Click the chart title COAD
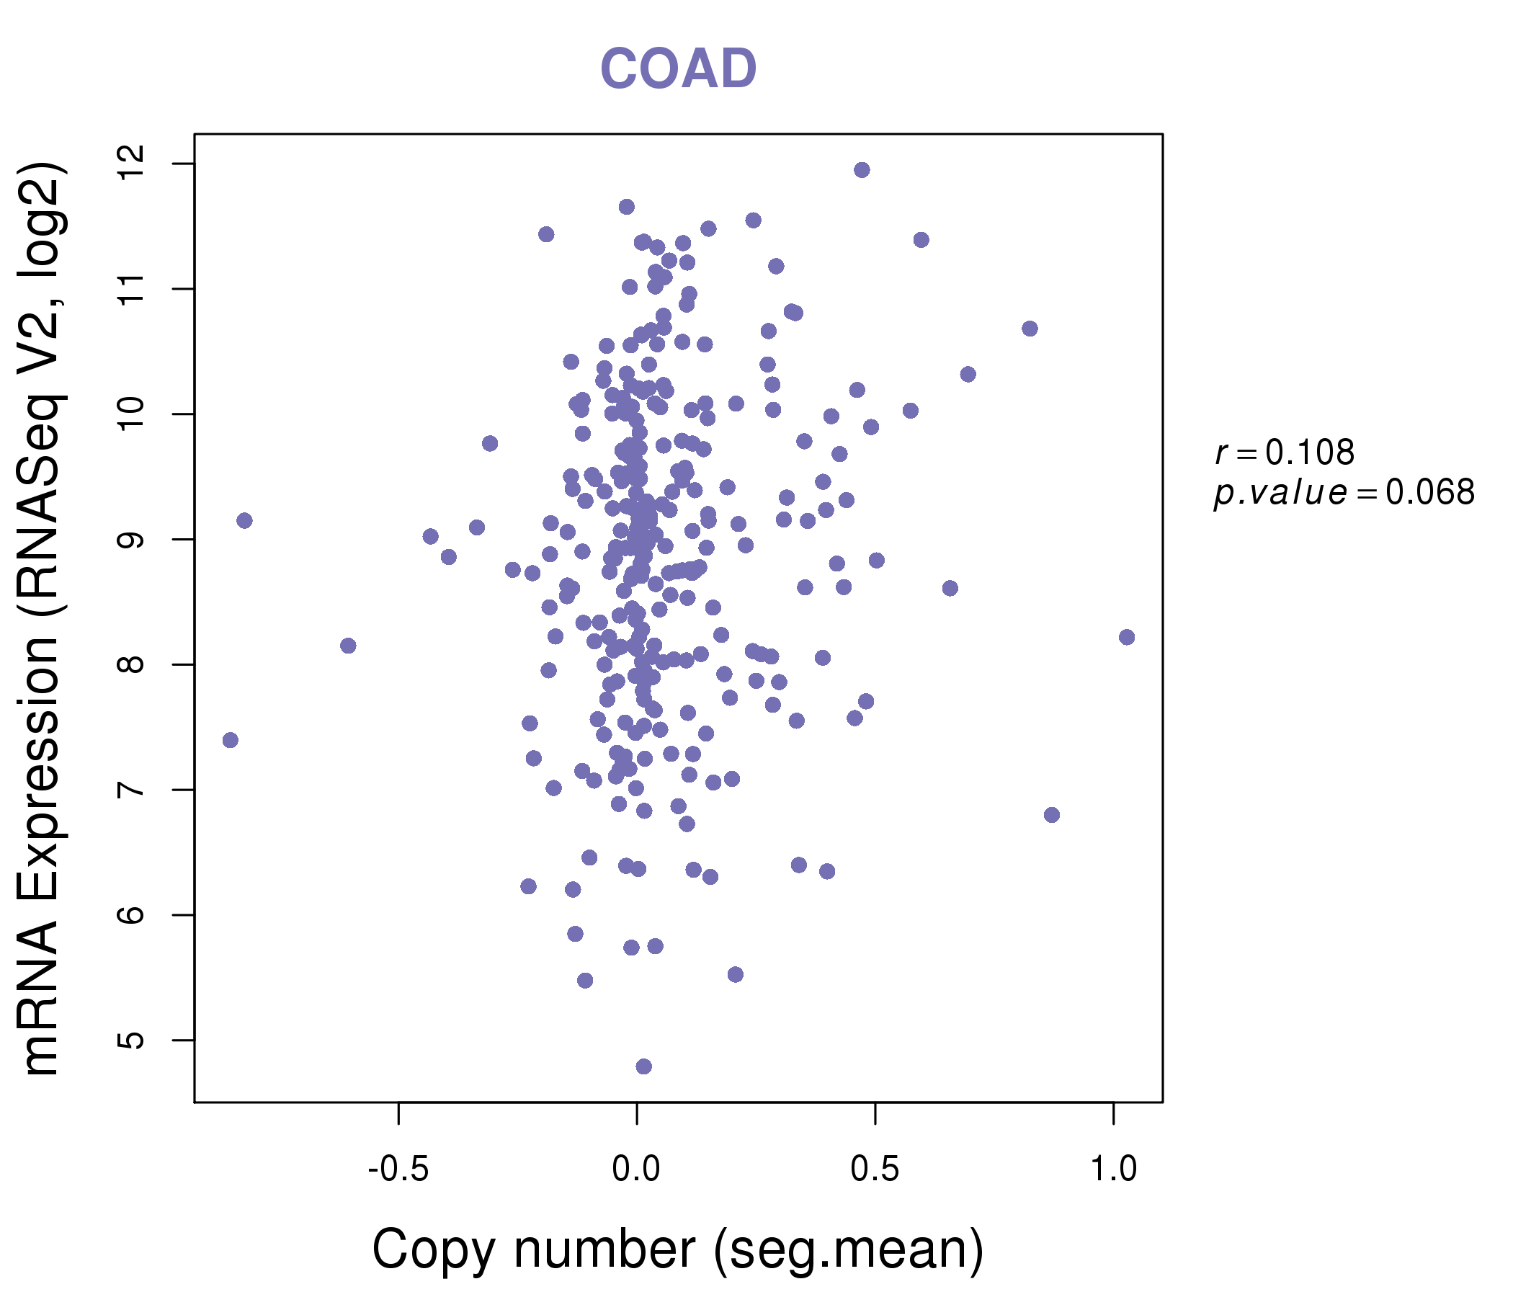678,68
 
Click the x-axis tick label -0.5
398,1169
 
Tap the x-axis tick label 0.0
636,1169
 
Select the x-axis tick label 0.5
875,1169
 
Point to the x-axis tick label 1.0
1113,1169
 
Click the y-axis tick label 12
132,164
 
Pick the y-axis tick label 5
132,1040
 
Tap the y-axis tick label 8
132,664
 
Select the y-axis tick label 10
132,414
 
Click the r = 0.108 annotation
1285,453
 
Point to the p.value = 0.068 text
1344,493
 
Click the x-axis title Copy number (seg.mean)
678,1249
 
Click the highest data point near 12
862,170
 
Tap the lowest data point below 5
643,1066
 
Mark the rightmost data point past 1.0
1127,637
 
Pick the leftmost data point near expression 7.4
230,740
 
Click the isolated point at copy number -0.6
348,646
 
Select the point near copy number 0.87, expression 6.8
1051,814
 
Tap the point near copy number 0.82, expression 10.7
1030,329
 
